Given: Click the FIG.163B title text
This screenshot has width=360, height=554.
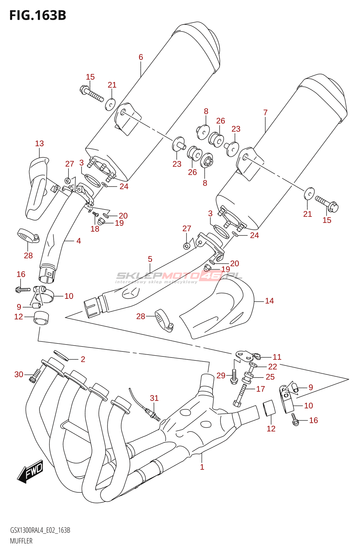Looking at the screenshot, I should pos(38,16).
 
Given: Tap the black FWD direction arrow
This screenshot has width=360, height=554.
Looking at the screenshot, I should pos(30,472).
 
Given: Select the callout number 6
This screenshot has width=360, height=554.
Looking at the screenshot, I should pos(141,57).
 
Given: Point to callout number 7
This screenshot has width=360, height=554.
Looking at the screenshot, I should pos(265,113).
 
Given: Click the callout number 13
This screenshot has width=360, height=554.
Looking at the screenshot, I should pos(39,143).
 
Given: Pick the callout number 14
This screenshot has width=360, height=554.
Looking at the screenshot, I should pos(269,301).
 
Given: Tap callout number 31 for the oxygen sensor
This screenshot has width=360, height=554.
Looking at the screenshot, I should pos(154,398).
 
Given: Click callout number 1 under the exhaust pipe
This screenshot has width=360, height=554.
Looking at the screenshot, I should pos(202,467).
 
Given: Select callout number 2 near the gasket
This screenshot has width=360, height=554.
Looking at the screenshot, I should pos(83,359).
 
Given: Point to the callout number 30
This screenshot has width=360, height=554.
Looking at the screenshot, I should pos(19,374).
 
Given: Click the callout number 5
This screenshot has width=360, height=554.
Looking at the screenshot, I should pos(150,259).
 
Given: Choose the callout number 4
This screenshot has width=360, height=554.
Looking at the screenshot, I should pos(79,241).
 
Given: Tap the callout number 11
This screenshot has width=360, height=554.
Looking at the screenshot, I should pos(277,357).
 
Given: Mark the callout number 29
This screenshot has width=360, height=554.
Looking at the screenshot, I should pos(221,375).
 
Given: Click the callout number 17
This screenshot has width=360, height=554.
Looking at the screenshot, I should pos(261,389).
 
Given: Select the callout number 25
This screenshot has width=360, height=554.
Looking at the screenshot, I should pos(270,377).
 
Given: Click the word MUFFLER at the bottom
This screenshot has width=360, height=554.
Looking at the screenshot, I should pos(21,541).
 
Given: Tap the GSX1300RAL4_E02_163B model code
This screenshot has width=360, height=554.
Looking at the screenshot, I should pos(40,530).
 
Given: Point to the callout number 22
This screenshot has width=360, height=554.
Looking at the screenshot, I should pos(272,366).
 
